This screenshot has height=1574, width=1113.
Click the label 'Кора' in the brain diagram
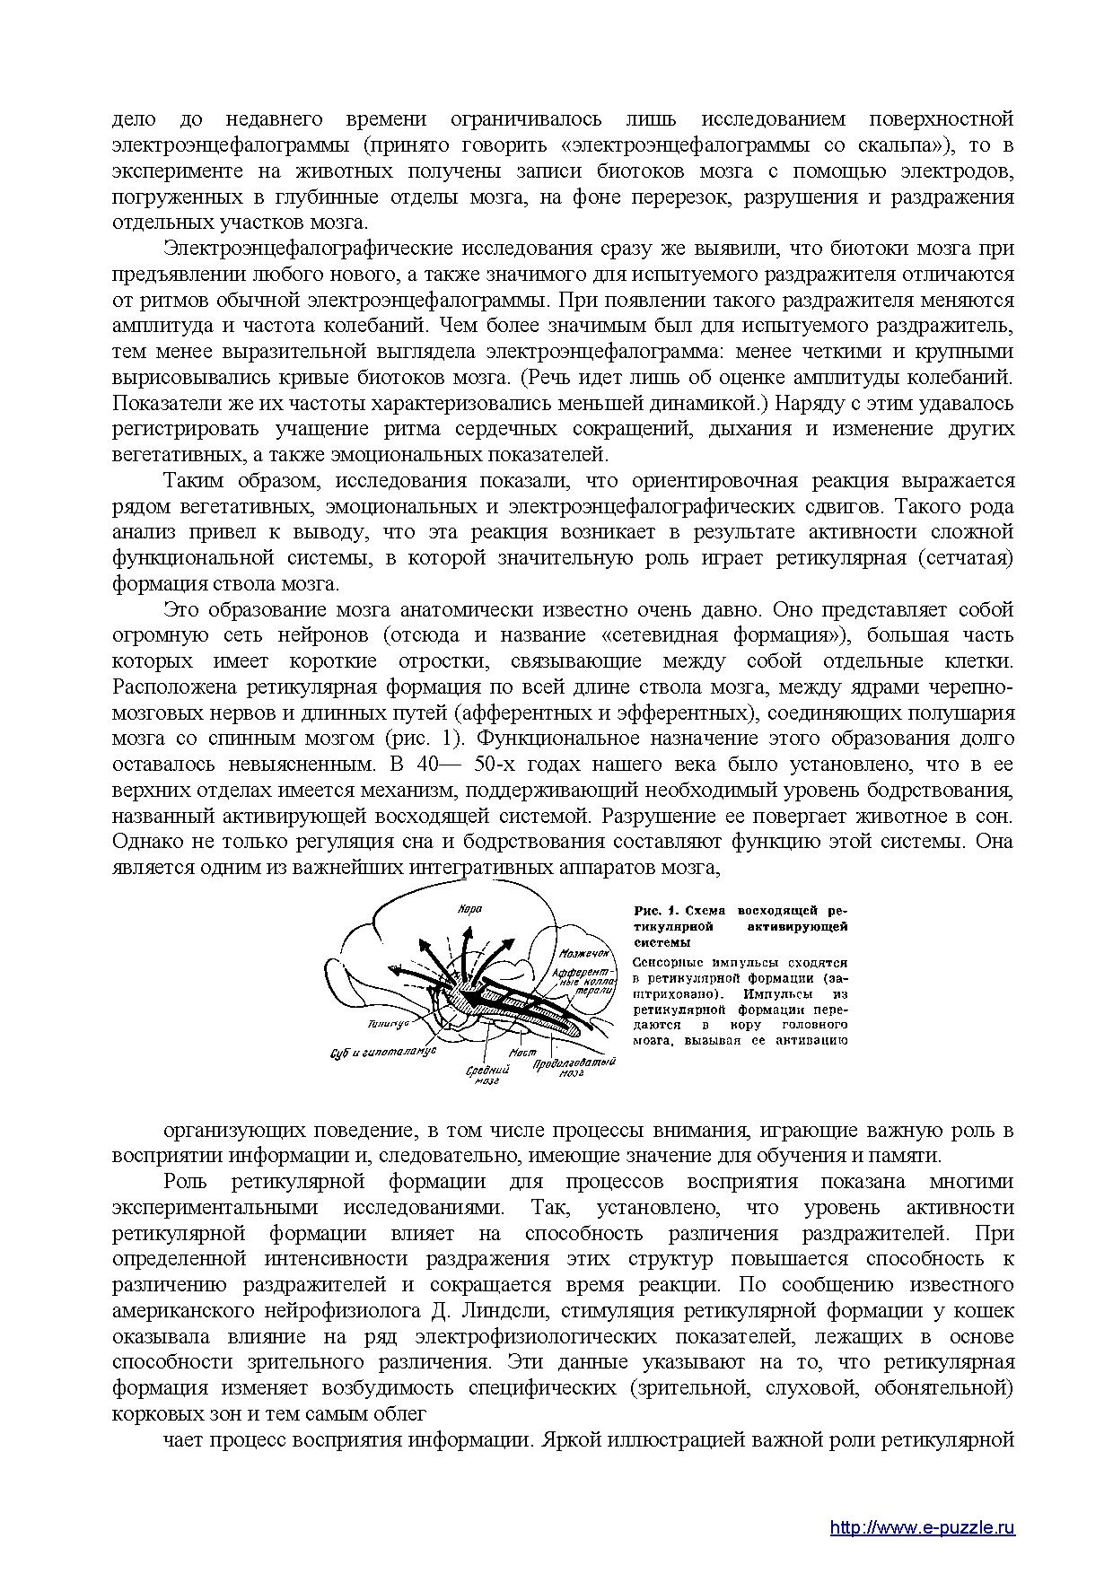point(469,908)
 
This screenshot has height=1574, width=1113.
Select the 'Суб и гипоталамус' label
point(382,1051)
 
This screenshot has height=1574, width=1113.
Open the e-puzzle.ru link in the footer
point(922,1502)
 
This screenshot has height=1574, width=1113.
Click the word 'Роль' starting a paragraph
point(185,1182)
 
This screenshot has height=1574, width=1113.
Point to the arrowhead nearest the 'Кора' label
point(469,927)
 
